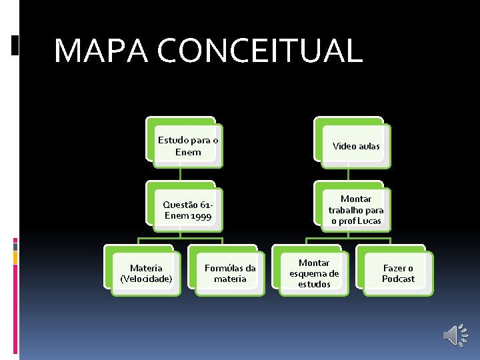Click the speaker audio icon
coord(456,335)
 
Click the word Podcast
coord(398,279)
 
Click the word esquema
coord(314,273)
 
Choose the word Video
coord(344,146)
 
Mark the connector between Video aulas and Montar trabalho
coord(349,174)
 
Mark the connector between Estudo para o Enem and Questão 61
coord(181,174)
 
